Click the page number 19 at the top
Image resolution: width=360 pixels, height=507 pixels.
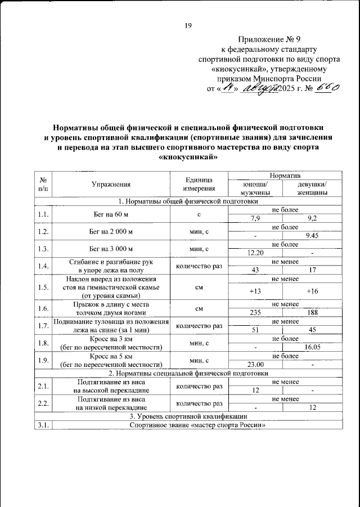tap(188, 25)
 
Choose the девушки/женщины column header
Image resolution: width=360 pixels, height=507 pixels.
tap(311, 189)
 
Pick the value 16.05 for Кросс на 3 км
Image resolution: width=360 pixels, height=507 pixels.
tap(312, 347)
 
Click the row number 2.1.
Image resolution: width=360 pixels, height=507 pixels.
tap(42, 386)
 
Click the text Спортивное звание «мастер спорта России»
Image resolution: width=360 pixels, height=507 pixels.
tap(196, 425)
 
